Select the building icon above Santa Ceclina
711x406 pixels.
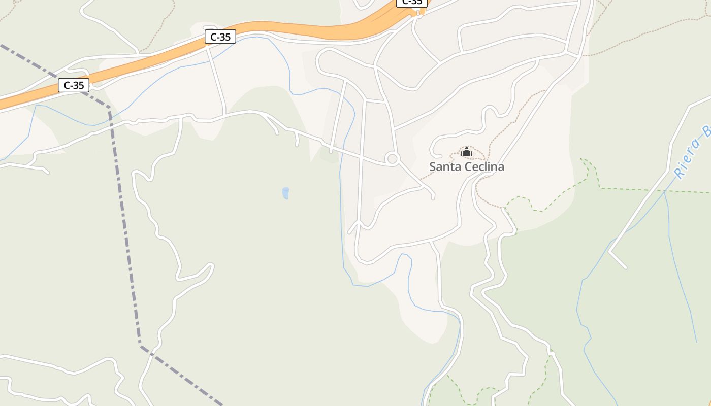[466, 152]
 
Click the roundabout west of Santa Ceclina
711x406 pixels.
[392, 159]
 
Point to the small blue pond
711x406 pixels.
[285, 193]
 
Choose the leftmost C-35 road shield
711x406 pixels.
[74, 85]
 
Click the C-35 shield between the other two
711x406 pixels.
[220, 37]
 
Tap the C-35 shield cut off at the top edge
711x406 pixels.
[411, 3]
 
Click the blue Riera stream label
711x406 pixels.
[691, 152]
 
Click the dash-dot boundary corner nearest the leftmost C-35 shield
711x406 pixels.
[108, 108]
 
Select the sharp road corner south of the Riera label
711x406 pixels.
[610, 251]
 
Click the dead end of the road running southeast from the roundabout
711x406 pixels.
[433, 198]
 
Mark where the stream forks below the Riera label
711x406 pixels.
[665, 192]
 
